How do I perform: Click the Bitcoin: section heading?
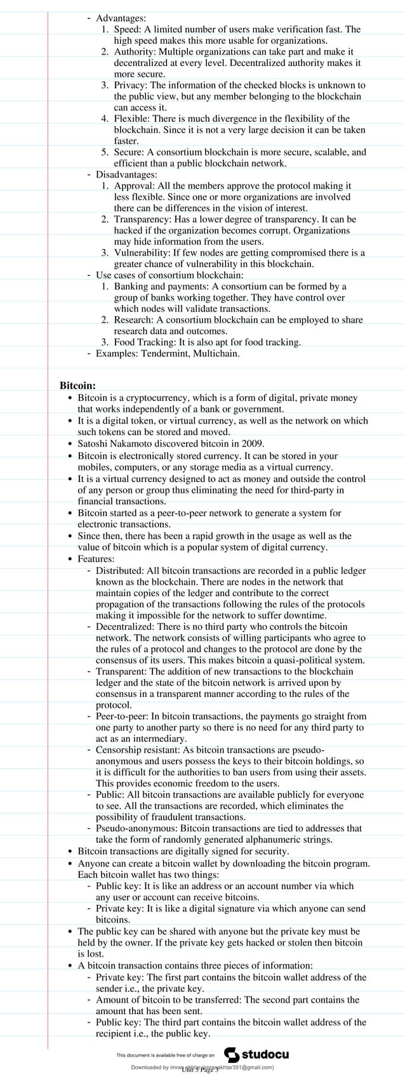click(78, 385)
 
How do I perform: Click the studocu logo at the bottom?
click(257, 1055)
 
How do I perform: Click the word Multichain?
click(216, 353)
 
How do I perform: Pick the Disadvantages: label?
click(126, 174)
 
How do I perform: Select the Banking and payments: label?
click(157, 287)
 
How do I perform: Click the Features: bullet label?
click(96, 559)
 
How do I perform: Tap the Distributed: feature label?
click(119, 571)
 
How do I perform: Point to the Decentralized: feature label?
click(124, 627)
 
